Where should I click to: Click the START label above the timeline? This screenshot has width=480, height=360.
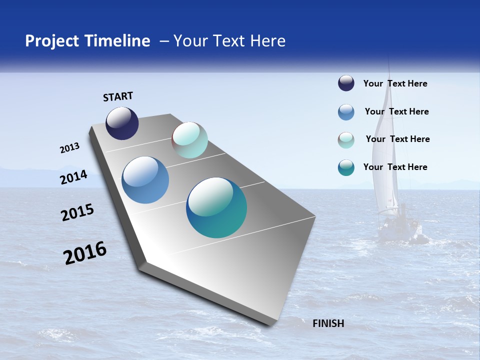pos(118,96)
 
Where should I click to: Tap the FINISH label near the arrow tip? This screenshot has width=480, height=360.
pos(328,323)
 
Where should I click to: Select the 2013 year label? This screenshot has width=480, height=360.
pos(69,148)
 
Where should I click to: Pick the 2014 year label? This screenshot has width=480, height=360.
pos(73,177)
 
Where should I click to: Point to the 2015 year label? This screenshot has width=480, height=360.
pos(77,212)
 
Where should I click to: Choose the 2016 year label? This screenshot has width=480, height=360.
pos(85,252)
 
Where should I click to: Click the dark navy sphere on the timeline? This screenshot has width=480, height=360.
pos(122,123)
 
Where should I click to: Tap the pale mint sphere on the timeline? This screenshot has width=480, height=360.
pos(189,140)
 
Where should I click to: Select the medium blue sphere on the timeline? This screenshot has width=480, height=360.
pos(145,180)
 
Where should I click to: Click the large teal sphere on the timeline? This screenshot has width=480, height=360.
pos(216,207)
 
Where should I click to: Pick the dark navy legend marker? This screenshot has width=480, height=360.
pos(346,83)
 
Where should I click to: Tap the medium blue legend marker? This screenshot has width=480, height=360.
pos(346,112)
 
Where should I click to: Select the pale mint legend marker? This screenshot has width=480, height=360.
pos(346,140)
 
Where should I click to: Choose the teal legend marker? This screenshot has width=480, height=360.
pos(346,167)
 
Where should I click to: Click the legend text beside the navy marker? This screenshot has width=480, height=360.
pos(395,83)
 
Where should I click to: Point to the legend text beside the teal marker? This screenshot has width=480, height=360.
pos(395,167)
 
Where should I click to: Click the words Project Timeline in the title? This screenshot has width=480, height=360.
pos(87,41)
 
